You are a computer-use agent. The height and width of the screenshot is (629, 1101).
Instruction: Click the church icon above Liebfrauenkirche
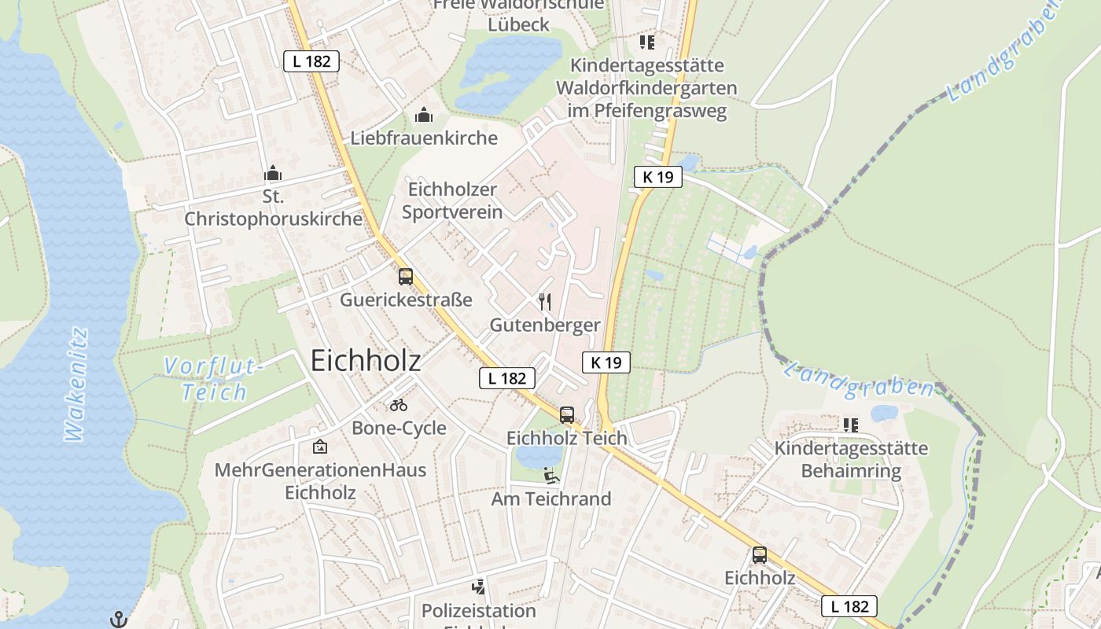pos(424,116)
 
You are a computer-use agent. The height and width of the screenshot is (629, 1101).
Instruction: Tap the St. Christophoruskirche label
pos(273,208)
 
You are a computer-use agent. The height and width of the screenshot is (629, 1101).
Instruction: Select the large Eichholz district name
pos(366,360)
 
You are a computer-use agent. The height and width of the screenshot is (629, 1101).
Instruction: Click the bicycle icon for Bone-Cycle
pos(399,405)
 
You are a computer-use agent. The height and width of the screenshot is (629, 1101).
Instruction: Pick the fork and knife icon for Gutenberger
pos(544,301)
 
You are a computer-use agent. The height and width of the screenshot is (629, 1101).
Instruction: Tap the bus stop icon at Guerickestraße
pos(406,277)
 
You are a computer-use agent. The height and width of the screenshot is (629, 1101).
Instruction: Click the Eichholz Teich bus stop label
pos(566,438)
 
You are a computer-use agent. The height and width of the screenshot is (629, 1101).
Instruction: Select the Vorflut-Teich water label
pos(214,378)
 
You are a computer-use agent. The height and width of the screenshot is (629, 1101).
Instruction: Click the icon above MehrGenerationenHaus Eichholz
pos(319,447)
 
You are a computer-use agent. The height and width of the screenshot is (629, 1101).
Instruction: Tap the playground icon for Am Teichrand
pos(551,476)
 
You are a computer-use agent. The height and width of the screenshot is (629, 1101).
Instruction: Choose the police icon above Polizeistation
pos(478,587)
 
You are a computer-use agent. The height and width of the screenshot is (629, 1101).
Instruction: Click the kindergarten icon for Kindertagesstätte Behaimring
pos(850,425)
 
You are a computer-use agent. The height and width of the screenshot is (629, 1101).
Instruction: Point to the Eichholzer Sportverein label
pos(452,200)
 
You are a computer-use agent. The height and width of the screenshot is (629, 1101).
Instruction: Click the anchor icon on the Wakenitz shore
pos(119,619)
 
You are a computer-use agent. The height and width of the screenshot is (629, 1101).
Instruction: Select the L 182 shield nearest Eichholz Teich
pos(507,378)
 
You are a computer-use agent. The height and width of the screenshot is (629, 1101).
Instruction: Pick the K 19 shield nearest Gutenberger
pos(606,362)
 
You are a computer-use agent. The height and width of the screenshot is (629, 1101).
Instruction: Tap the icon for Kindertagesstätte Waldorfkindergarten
pos(647,42)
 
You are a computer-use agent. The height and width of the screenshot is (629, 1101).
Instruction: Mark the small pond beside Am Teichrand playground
pos(538,456)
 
